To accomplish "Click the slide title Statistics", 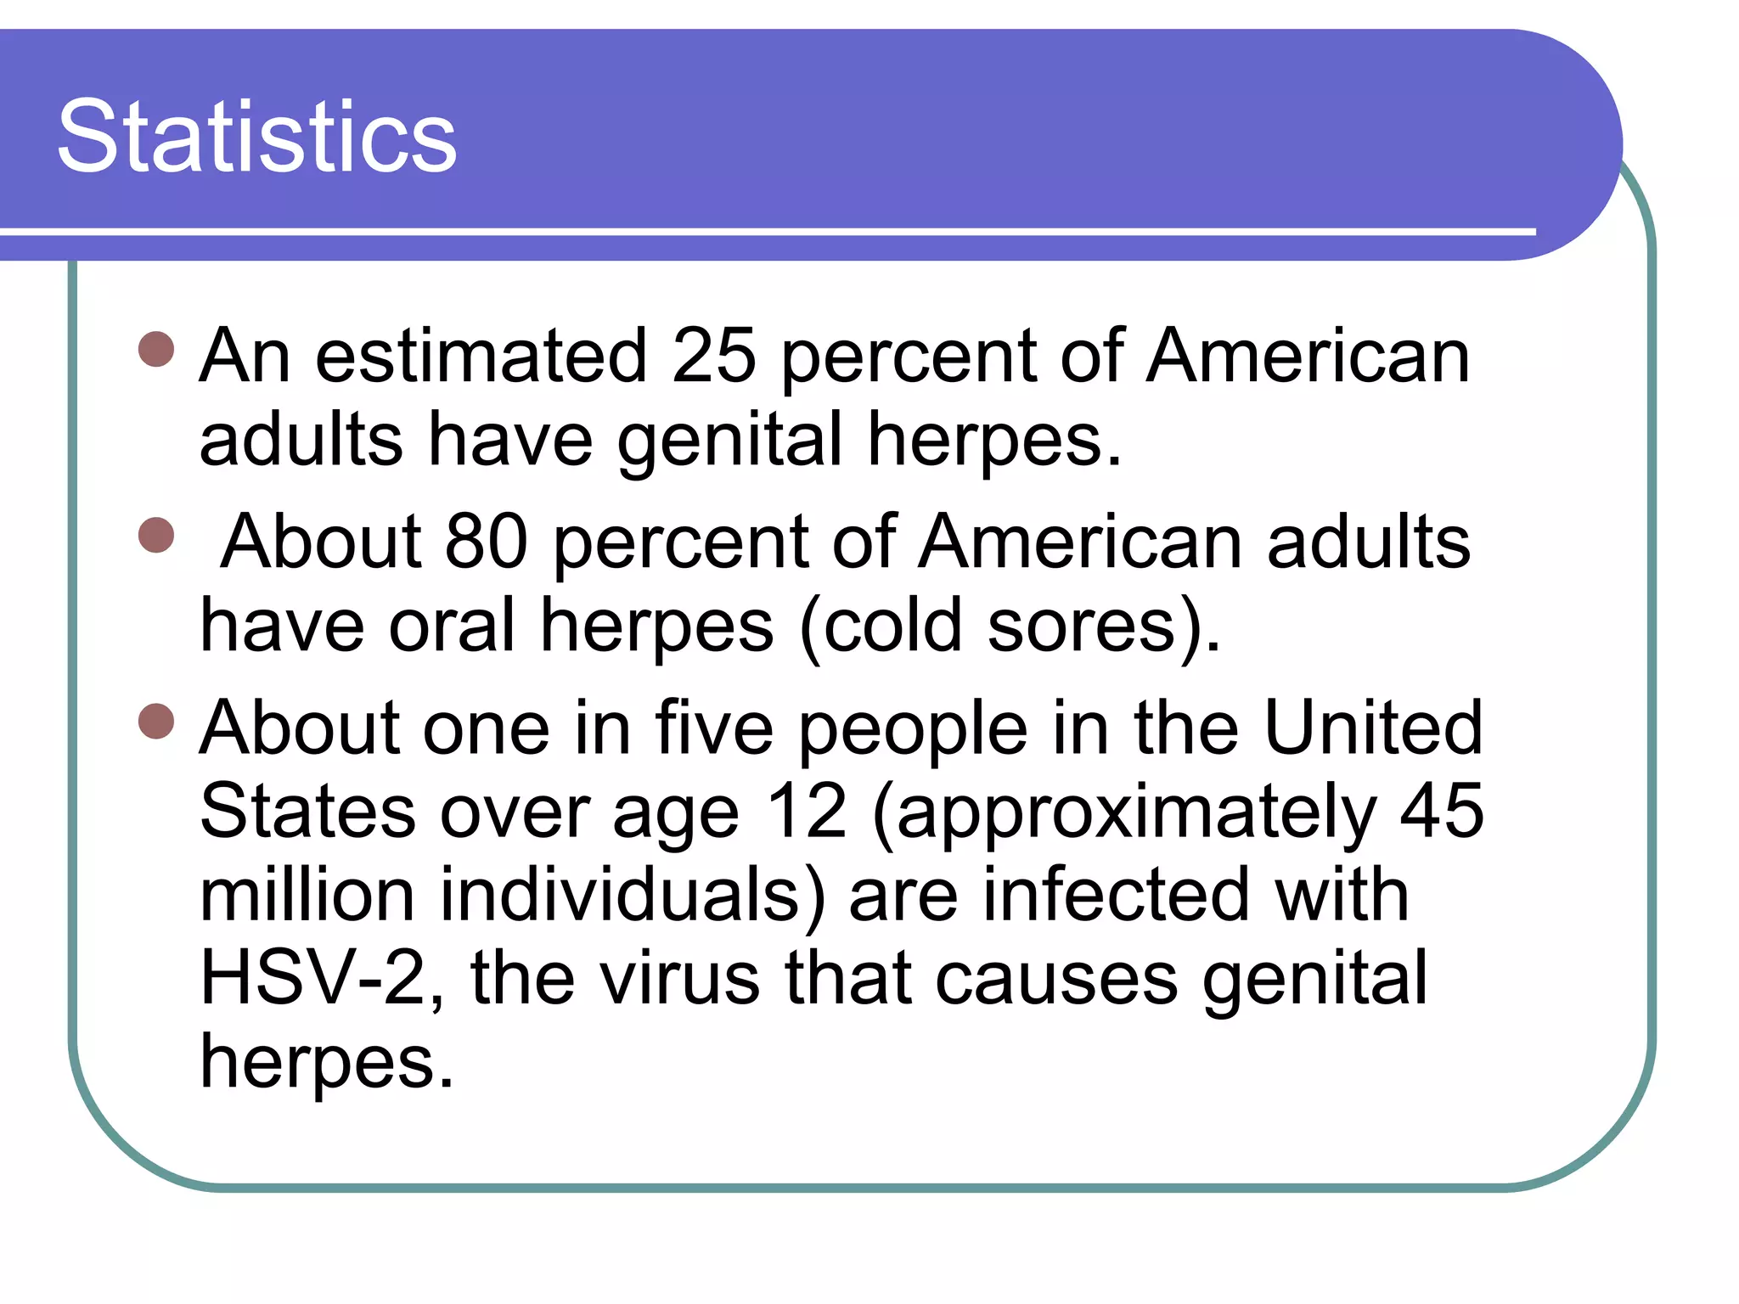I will [x=256, y=138].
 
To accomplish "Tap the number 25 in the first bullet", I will [x=713, y=357].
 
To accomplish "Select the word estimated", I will [x=481, y=357].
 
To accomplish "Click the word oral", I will [x=452, y=626].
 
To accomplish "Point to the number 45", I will [x=1442, y=812].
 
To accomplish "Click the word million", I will [x=307, y=895].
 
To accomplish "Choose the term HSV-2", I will [x=312, y=978].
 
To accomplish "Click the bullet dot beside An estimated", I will [x=156, y=349].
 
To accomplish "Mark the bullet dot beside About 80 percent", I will [x=156, y=536].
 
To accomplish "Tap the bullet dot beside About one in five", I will [x=156, y=722].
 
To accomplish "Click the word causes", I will [x=1056, y=980].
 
